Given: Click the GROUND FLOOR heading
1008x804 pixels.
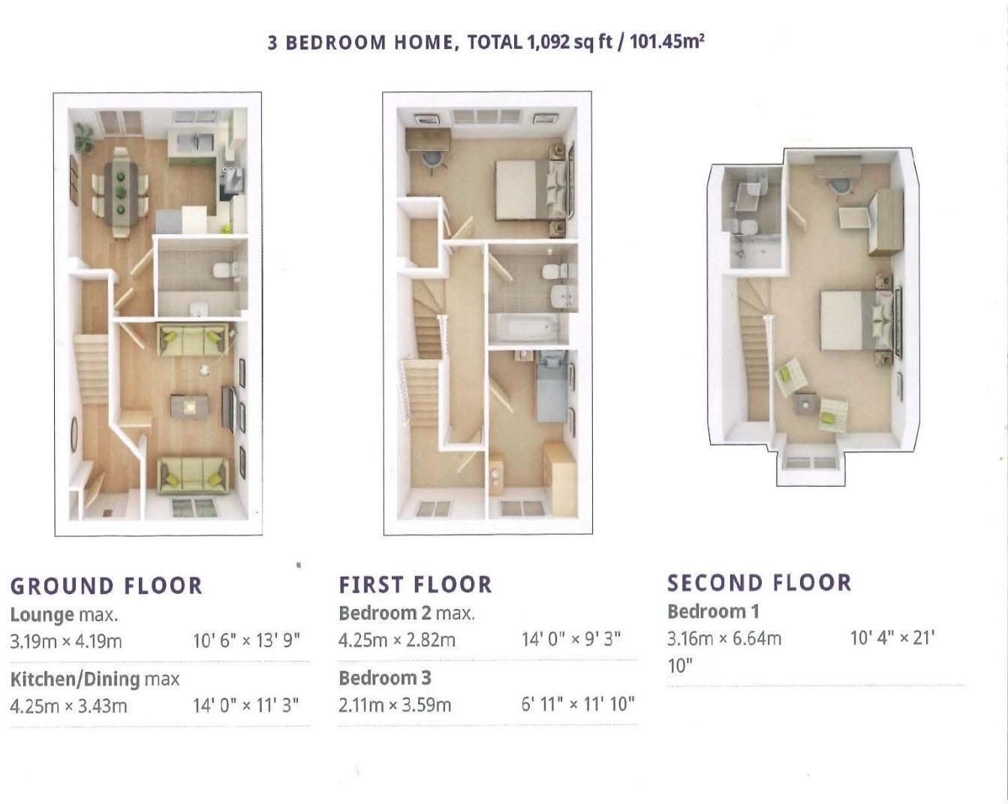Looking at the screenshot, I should tap(107, 586).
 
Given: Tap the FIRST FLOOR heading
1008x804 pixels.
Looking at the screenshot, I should tap(415, 584).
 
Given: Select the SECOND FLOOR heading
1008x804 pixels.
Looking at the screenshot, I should tap(759, 583).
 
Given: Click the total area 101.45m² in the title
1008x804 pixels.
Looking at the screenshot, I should tap(666, 41).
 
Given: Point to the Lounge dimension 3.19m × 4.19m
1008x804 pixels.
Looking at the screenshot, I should tap(66, 641).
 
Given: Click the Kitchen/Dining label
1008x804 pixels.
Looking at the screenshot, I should tap(75, 679).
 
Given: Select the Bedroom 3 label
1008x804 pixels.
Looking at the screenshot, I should tap(384, 678).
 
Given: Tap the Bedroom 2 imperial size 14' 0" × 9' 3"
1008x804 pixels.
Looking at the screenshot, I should tap(570, 640).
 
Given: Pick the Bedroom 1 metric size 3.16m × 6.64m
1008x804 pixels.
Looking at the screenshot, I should tap(724, 638).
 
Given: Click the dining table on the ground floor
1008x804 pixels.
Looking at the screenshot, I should tap(120, 192).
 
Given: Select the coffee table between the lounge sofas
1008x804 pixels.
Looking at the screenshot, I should tap(188, 406).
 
